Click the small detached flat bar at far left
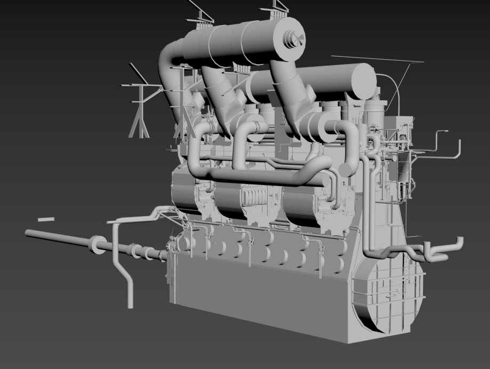click(46, 219)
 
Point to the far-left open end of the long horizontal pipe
click(27, 232)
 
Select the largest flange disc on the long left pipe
click(97, 245)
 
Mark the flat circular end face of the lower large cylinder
click(364, 81)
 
